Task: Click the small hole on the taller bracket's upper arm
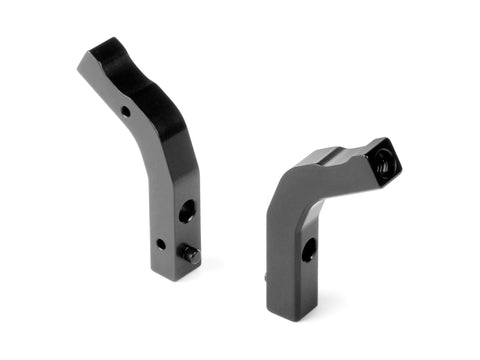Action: (x=125, y=110)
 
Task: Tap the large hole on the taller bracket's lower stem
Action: (x=186, y=212)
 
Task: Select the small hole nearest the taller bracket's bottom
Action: (x=160, y=243)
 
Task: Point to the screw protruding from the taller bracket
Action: (x=189, y=257)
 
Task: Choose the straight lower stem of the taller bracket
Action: (x=172, y=220)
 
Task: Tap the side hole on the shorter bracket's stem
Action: (x=309, y=250)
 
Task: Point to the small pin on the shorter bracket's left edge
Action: (x=267, y=276)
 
